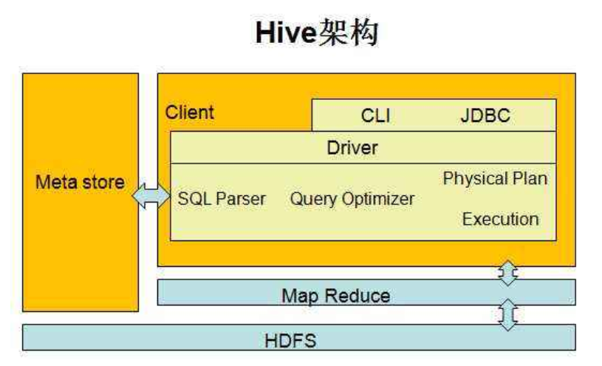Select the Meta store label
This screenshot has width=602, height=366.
pyautogui.click(x=80, y=182)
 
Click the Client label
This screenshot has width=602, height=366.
pyautogui.click(x=189, y=112)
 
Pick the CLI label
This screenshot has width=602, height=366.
pyautogui.click(x=375, y=116)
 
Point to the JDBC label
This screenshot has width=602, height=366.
pyautogui.click(x=485, y=116)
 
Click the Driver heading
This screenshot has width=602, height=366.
pyautogui.click(x=352, y=147)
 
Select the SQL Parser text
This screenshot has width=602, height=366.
pyautogui.click(x=222, y=199)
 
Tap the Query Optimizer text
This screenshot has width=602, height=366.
pyautogui.click(x=352, y=199)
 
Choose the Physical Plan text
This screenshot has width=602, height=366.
pyautogui.click(x=495, y=178)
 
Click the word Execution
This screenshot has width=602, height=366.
pyautogui.click(x=500, y=219)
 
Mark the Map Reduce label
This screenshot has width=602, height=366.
pyautogui.click(x=335, y=296)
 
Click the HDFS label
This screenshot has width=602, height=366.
pyautogui.click(x=290, y=341)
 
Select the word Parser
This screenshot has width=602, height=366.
pyautogui.click(x=241, y=199)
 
